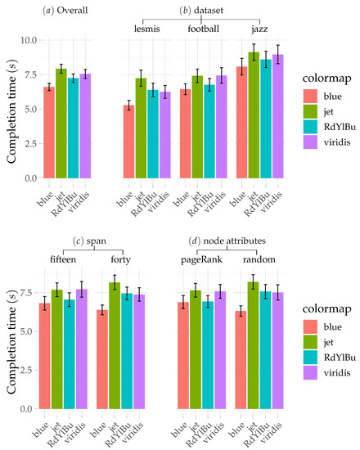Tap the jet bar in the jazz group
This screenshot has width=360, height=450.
pos(254,115)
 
